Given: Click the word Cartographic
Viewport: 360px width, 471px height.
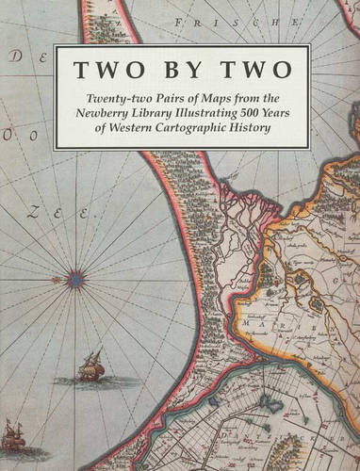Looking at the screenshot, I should (x=205, y=128).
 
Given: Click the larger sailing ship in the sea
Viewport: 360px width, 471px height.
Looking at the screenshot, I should (x=90, y=365).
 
